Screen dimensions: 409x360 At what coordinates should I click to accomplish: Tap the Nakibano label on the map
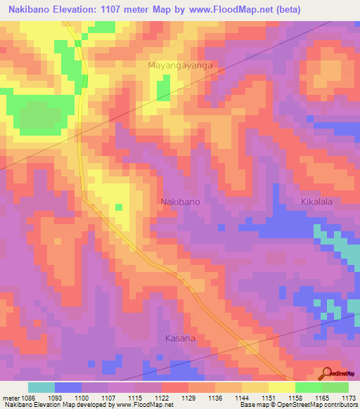click(181, 202)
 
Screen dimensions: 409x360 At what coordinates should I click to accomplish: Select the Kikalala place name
click(321, 202)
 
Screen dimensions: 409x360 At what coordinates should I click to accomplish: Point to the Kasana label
click(180, 338)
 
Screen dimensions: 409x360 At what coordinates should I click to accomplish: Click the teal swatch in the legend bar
click(41, 387)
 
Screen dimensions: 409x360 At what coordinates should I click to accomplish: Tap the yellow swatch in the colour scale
click(281, 387)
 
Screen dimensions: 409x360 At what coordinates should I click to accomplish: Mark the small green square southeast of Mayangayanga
click(163, 89)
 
